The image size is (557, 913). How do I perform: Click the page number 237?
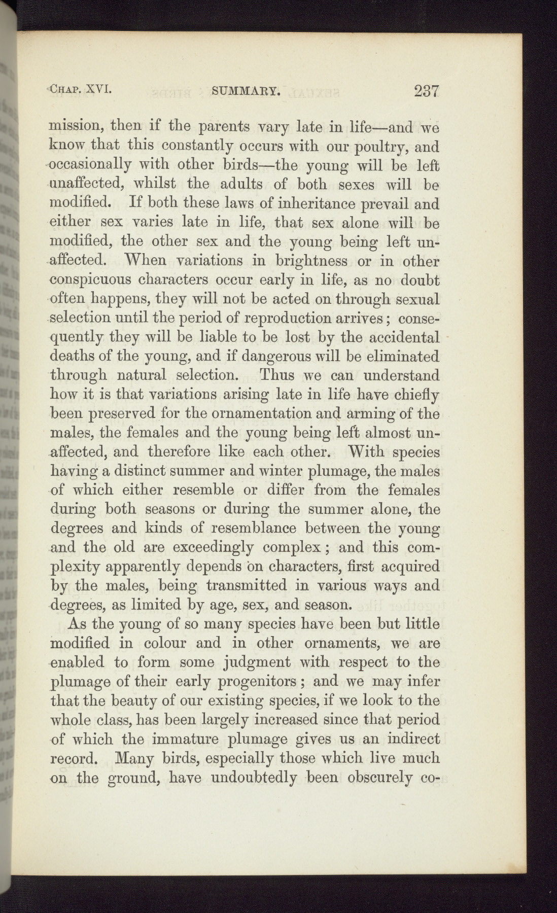coord(426,91)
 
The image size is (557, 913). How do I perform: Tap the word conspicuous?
coord(91,280)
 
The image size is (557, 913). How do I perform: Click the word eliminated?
coord(401,356)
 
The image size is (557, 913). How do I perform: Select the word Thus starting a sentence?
coord(277,375)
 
